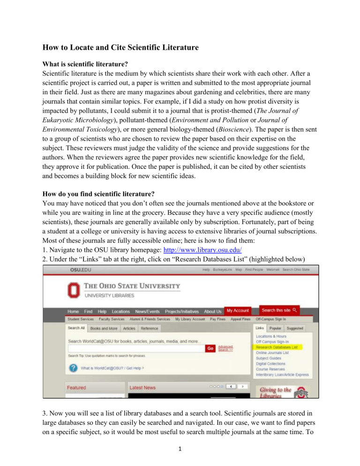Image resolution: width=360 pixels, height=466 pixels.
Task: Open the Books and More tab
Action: (x=104, y=329)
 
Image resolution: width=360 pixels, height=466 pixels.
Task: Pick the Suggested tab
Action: (x=296, y=329)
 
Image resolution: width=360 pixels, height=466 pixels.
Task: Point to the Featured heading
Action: (x=76, y=388)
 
